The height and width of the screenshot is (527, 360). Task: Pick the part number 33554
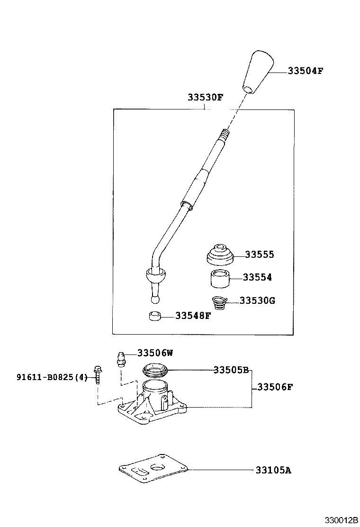click(x=257, y=278)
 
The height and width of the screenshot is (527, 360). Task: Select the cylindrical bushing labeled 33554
click(x=220, y=278)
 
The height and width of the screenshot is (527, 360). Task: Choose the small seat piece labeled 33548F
click(x=154, y=316)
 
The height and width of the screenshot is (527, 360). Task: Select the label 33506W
click(x=155, y=353)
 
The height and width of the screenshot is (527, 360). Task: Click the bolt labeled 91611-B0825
click(x=98, y=374)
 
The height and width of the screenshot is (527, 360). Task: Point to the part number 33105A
click(x=273, y=470)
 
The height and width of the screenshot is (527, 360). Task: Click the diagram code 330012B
click(x=341, y=520)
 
